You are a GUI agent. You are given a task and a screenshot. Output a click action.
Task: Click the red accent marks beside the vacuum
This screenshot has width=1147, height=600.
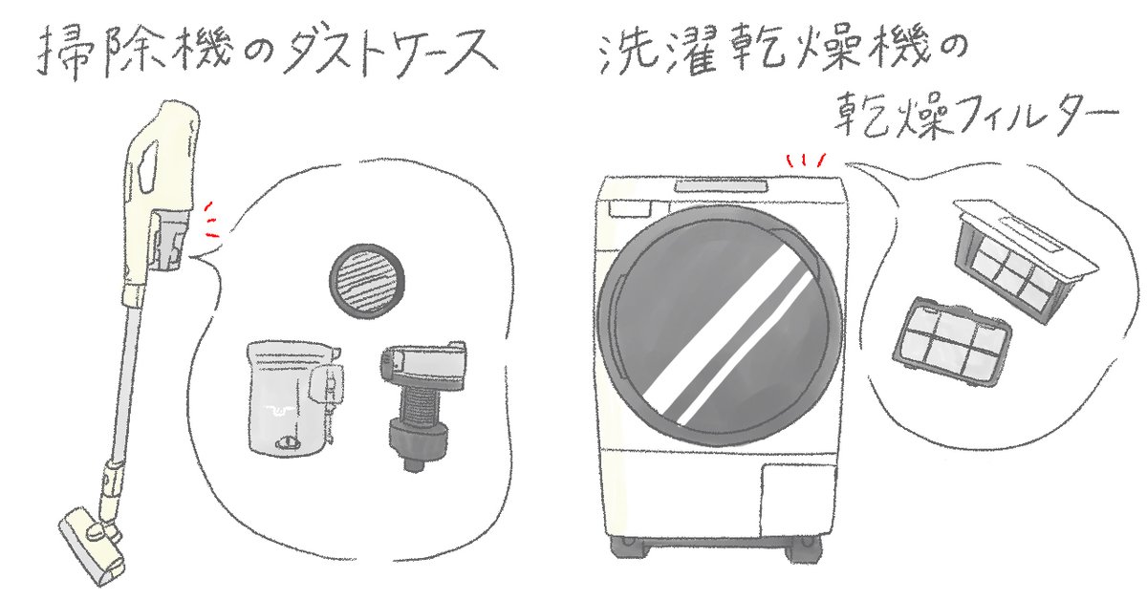click(x=210, y=221)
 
